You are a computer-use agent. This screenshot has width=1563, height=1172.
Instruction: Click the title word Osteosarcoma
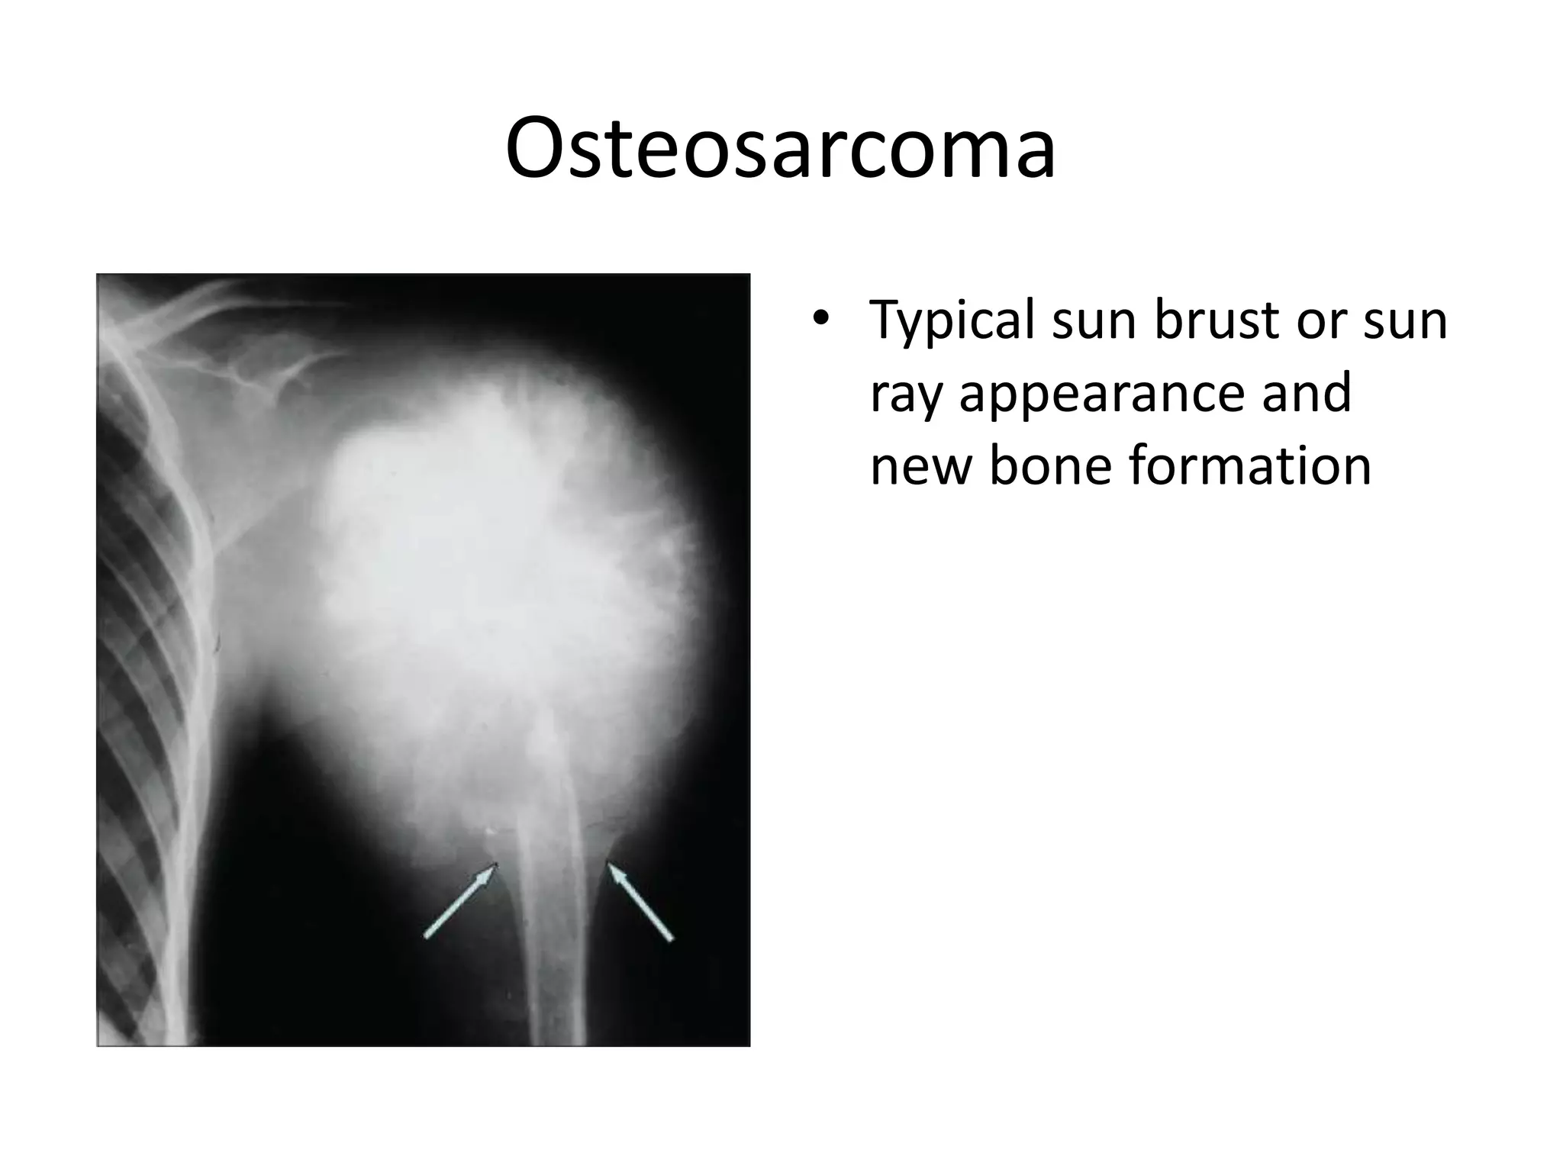[x=780, y=149]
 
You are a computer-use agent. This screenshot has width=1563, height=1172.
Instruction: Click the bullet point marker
[x=820, y=320]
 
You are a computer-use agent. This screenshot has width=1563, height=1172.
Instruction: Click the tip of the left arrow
[x=495, y=865]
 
